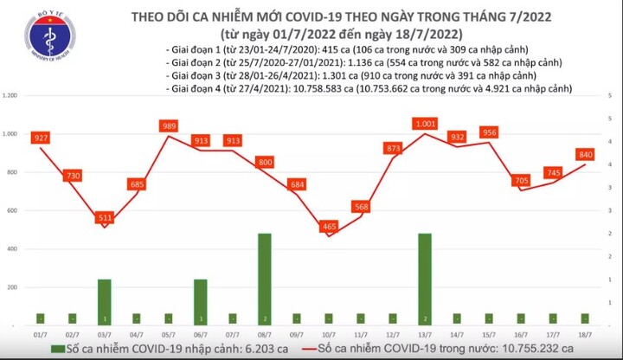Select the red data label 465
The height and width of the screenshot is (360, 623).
coord(329,227)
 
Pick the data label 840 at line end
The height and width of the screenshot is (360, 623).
coord(586,154)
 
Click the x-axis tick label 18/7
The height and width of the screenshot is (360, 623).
coord(585,334)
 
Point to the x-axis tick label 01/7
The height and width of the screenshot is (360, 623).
coord(41,334)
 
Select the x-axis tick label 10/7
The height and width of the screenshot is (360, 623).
coord(329,334)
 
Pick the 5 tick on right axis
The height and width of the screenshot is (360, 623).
coord(612,95)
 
